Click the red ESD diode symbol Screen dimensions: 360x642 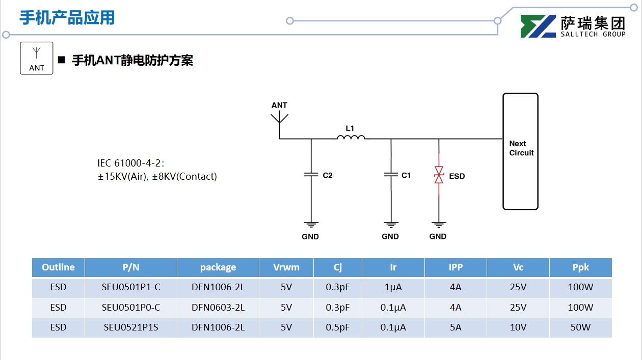tap(439, 176)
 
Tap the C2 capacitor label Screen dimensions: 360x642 tap(328, 176)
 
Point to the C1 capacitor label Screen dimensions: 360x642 tap(406, 176)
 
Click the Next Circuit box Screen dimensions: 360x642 tap(520, 151)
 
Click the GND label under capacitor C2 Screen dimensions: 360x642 tap(310, 236)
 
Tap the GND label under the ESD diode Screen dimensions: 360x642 tap(438, 236)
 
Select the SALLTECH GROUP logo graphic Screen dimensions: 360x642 tap(538, 26)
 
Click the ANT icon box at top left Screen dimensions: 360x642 tap(37, 58)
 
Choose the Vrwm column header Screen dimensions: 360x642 tap(286, 267)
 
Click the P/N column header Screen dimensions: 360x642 tap(131, 267)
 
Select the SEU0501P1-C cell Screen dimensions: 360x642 tap(131, 287)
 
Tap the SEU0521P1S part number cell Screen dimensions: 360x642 tap(131, 327)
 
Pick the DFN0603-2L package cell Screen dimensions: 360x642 tap(218, 308)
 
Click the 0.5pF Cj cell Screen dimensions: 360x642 tap(338, 327)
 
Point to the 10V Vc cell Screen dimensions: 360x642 tap(518, 327)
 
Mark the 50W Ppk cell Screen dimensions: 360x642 tap(580, 327)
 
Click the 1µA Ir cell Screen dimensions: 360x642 tap(393, 287)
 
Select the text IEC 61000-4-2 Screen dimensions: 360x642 tap(130, 163)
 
